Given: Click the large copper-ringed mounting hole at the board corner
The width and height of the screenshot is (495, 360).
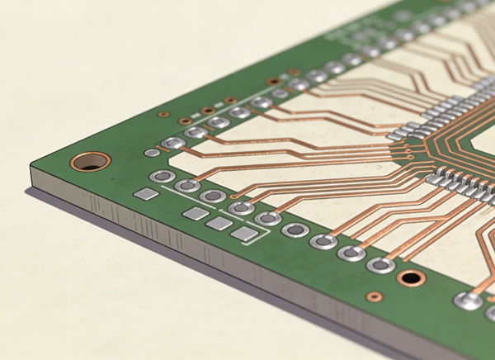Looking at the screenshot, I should pos(90,161).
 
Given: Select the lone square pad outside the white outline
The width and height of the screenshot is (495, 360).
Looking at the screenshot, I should pos(146,194).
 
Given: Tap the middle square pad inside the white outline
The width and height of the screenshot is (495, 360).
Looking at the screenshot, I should pos(219,223).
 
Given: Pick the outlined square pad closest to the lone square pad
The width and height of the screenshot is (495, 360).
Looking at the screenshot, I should pos(196,213).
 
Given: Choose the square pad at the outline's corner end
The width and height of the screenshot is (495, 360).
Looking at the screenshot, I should pos(245,234).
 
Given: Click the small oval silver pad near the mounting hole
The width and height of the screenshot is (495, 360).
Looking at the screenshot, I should pos(152,153).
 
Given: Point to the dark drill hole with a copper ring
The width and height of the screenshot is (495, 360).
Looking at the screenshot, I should pos(411,277).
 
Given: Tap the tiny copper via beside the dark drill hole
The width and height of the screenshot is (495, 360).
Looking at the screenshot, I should pos(375,296).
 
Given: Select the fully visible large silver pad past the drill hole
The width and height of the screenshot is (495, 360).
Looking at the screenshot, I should pos(468,301).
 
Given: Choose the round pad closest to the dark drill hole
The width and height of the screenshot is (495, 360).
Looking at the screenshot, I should pos(380,265).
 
